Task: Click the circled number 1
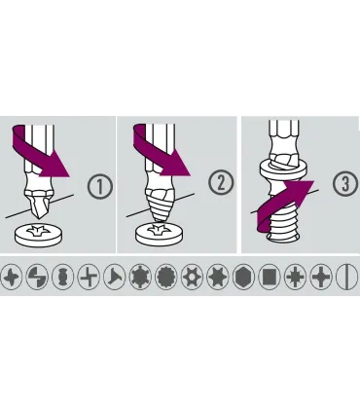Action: click(100, 187)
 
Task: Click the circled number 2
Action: click(221, 183)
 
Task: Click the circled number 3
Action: click(345, 183)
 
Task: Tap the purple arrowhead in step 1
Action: click(56, 165)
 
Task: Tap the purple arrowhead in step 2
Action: click(176, 164)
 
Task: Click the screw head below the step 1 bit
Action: click(39, 235)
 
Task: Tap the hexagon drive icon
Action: click(244, 278)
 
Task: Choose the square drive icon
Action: click(270, 278)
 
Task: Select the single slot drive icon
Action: click(347, 278)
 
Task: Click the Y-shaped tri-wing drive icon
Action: click(115, 278)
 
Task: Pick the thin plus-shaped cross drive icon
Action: click(89, 278)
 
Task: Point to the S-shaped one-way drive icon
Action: click(37, 278)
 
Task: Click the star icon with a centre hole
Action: click(192, 278)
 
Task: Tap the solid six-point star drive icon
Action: click(218, 278)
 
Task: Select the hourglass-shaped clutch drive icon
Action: click(63, 278)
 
